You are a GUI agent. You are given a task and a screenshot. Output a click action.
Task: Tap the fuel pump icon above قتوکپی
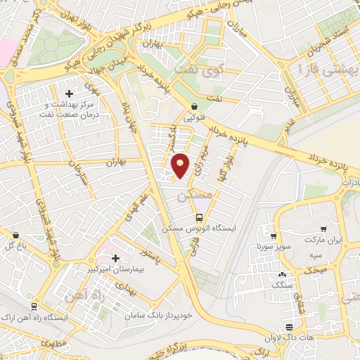(193, 107)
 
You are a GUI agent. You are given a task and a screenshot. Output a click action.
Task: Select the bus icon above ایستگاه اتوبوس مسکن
(200, 217)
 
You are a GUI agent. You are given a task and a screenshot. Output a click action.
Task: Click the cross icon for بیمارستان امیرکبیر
(115, 258)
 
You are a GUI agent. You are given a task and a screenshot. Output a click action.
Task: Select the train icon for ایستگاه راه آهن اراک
(34, 307)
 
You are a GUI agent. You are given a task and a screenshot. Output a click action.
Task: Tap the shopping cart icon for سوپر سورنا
(274, 236)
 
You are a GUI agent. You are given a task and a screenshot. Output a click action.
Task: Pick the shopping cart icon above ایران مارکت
(323, 228)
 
